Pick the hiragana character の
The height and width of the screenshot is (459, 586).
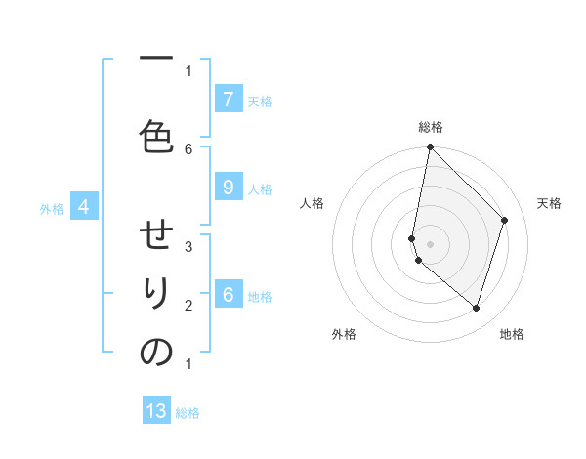click(x=156, y=353)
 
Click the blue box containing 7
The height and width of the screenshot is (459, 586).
click(x=228, y=99)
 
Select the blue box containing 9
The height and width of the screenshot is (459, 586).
click(x=228, y=188)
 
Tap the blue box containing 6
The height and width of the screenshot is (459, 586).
click(x=228, y=295)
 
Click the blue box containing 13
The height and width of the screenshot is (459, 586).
click(x=156, y=411)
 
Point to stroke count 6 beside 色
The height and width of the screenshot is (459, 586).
click(x=188, y=148)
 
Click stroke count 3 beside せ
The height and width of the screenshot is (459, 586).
click(x=188, y=246)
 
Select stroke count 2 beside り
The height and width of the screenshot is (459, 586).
click(x=188, y=305)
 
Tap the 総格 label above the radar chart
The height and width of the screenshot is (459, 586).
click(x=431, y=127)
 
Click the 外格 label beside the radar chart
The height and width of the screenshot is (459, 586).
click(x=344, y=334)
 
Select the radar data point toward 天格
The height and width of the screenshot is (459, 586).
click(x=505, y=220)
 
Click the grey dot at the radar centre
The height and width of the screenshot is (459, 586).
click(x=431, y=244)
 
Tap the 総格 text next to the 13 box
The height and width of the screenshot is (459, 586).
click(x=188, y=413)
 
